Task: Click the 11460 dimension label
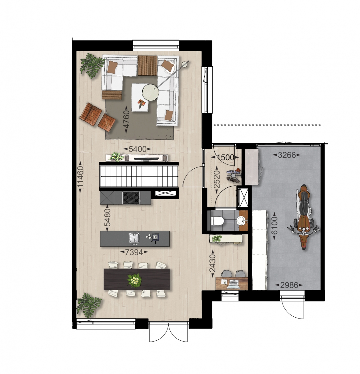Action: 80,177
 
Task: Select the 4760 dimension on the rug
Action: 126,119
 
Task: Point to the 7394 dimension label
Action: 134,252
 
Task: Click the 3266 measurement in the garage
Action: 287,155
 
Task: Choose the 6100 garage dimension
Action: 275,226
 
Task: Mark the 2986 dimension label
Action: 289,285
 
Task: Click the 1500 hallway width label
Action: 225,157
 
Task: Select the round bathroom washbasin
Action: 241,220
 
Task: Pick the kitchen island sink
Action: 133,238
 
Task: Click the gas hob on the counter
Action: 131,198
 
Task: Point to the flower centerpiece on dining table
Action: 135,280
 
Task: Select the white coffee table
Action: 140,97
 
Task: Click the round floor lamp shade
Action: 150,93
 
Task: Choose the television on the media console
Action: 146,159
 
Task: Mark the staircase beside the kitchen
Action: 139,176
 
